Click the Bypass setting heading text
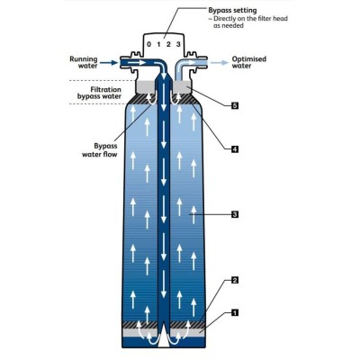(232, 11)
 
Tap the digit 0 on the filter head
(149, 45)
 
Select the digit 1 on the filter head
(159, 45)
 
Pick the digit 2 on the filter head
(168, 45)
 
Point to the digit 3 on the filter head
(178, 45)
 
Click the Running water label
(84, 62)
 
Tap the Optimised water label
(249, 62)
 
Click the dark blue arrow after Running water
(109, 63)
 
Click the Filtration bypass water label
(99, 93)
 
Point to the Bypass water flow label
(100, 150)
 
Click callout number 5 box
(235, 105)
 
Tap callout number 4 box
(235, 148)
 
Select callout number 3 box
(235, 214)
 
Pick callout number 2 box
(235, 281)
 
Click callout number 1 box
(235, 313)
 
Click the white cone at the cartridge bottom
(164, 337)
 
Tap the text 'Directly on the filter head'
(250, 19)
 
